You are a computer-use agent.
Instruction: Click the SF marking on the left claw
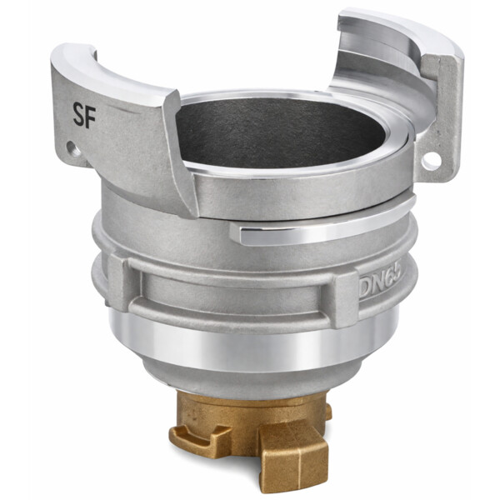pos(84,116)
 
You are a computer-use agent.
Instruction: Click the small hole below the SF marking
pos(73,149)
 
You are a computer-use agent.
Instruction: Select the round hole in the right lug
pos(431,160)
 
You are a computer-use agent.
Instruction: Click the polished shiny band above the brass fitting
pos(248,344)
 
